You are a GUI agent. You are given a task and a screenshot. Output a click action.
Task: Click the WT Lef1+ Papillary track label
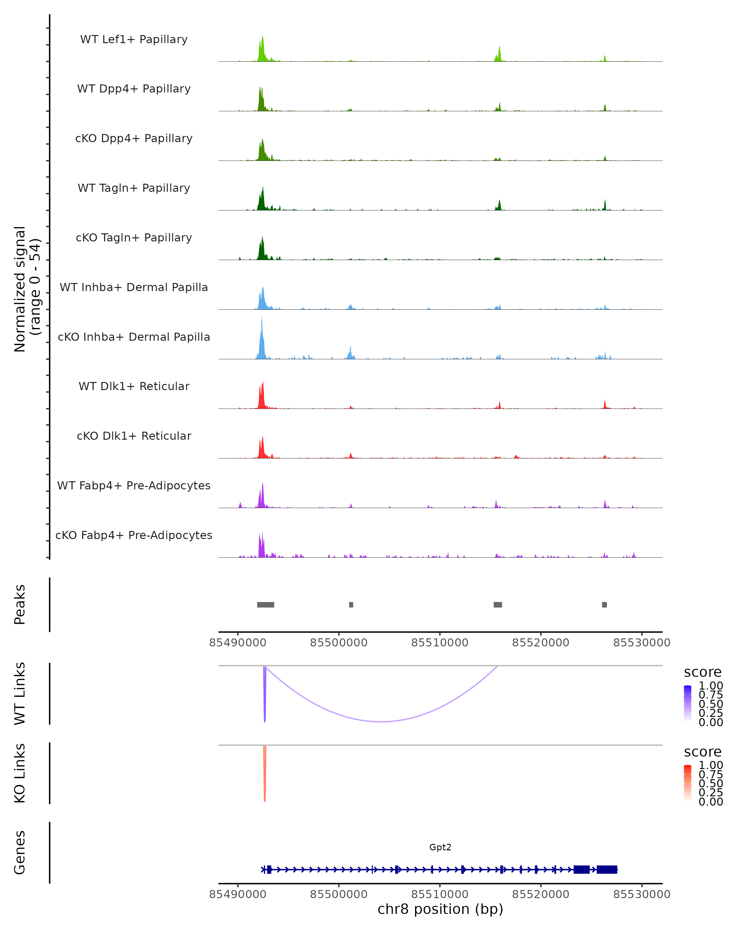[x=134, y=39]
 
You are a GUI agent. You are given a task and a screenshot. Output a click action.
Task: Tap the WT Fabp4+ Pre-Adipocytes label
[x=134, y=485]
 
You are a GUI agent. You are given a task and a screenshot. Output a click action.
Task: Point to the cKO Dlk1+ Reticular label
[x=134, y=436]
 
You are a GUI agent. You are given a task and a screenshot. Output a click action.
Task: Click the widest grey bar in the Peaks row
[x=266, y=605]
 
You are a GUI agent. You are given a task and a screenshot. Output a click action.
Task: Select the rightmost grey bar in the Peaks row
[x=604, y=605]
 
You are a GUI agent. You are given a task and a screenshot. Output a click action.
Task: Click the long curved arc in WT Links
[x=381, y=721]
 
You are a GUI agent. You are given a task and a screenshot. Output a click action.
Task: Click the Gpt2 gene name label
[x=440, y=847]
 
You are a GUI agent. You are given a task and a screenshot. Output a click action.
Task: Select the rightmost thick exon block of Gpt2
[x=607, y=870]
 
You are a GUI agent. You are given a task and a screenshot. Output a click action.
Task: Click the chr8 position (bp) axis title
[x=440, y=909]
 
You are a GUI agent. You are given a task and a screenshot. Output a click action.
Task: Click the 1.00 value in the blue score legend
[x=711, y=686]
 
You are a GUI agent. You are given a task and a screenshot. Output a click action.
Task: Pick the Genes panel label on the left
[x=20, y=853]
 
